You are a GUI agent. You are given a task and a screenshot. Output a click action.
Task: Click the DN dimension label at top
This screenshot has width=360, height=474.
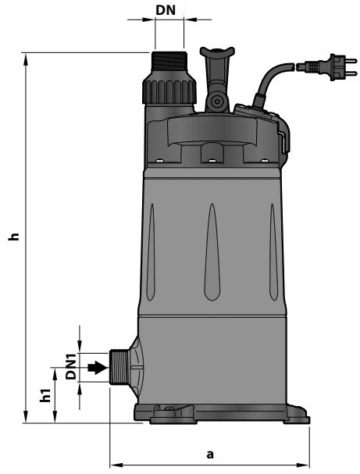(166, 10)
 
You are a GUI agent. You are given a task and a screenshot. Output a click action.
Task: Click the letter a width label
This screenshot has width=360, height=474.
(210, 454)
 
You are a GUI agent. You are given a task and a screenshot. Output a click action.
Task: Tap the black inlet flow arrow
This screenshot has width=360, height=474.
(98, 368)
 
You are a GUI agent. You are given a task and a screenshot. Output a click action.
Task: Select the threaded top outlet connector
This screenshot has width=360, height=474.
(169, 62)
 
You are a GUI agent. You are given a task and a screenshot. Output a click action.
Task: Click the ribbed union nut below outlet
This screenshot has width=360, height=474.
(169, 92)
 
